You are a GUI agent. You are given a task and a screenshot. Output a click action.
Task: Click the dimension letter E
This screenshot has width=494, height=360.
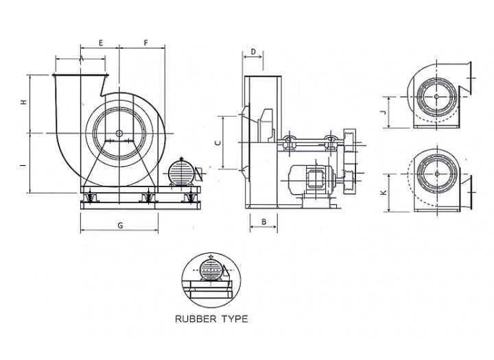(101, 43)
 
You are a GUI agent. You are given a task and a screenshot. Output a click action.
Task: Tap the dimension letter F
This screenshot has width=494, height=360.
(145, 43)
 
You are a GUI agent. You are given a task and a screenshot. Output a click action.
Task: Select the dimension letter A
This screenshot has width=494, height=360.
(81, 59)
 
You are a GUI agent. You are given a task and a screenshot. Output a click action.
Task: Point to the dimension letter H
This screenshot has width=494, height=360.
(23, 102)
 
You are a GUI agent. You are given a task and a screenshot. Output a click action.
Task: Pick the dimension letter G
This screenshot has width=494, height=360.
(120, 225)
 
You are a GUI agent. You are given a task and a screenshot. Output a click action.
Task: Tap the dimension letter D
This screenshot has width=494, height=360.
(252, 51)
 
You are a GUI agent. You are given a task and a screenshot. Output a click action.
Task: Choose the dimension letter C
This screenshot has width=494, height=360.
(217, 143)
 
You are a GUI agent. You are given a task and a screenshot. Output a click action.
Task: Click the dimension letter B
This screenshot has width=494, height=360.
(263, 221)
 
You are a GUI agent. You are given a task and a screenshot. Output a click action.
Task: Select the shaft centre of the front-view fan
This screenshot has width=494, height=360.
(119, 133)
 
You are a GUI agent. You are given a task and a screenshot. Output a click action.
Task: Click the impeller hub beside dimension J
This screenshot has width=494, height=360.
(436, 97)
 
